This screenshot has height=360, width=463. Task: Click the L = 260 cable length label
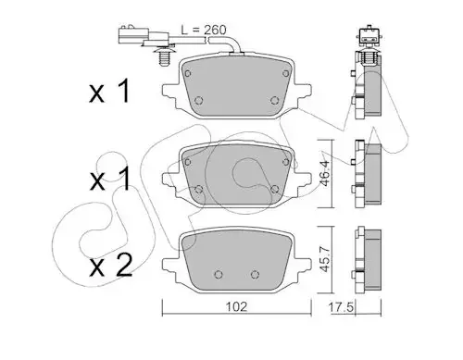(x=204, y=30)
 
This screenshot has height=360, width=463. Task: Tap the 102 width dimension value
(x=237, y=307)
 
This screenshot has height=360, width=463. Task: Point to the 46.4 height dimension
(x=325, y=173)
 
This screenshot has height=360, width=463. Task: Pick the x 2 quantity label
(x=111, y=266)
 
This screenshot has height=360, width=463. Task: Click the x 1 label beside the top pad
(x=110, y=91)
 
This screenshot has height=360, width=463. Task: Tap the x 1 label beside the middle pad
(x=110, y=179)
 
